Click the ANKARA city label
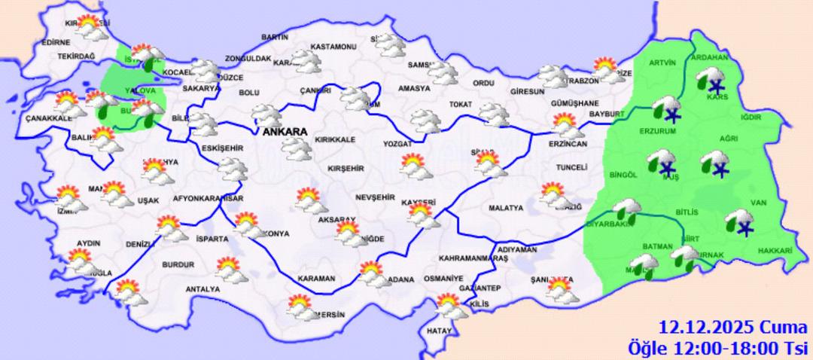[285, 132]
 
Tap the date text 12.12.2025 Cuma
[711, 328]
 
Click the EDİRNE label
[56, 42]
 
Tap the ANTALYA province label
[202, 288]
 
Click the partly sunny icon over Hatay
[451, 307]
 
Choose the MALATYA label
[505, 207]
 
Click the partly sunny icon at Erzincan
[565, 124]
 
